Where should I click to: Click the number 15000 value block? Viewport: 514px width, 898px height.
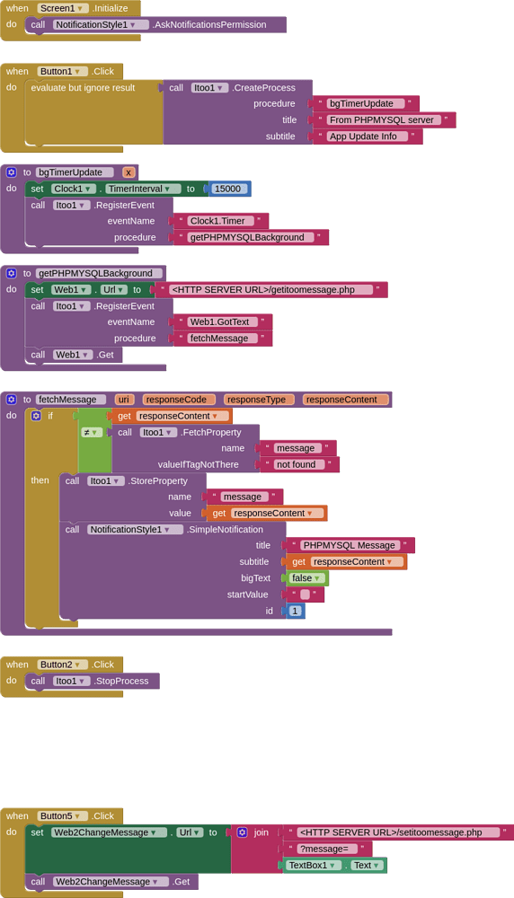point(229,189)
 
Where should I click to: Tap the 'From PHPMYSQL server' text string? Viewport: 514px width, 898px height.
point(383,119)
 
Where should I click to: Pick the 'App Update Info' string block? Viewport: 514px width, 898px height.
point(368,136)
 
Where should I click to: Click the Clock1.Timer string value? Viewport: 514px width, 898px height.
point(220,221)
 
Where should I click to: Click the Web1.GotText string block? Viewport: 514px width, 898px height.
point(222,321)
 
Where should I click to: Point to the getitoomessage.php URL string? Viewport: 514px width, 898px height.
point(270,289)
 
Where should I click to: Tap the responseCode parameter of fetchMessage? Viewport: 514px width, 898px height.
point(179,400)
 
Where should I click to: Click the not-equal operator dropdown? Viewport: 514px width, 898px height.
point(91,432)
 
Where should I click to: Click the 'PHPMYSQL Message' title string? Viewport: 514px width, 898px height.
point(350,545)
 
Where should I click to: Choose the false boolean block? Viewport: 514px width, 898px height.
point(306,577)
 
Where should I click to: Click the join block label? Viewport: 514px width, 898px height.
point(261,832)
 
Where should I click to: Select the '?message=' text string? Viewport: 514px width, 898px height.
point(327,849)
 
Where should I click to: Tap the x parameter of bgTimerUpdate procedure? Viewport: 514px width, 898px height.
point(128,172)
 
